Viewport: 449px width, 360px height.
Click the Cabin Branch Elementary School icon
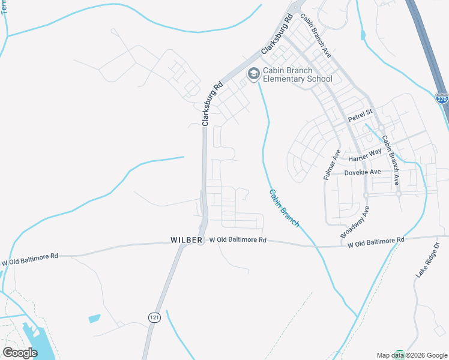coord(253,73)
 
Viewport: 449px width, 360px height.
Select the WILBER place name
coord(186,240)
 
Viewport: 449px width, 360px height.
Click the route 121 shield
coord(154,317)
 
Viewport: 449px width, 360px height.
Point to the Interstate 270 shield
coord(442,97)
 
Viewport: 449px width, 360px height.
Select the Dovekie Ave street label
coord(363,172)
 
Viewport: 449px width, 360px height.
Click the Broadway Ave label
coord(355,223)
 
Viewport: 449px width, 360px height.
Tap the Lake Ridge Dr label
coord(428,260)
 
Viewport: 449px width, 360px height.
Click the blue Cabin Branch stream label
coord(283,208)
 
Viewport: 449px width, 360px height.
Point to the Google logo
coord(20,352)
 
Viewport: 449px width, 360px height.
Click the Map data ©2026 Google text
coord(412,355)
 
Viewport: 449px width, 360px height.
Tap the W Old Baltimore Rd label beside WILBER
coord(237,240)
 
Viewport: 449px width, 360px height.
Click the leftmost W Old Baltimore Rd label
coord(29,259)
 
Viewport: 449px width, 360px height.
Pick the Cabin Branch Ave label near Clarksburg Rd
coord(316,35)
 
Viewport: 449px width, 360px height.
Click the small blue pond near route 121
coord(94,318)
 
